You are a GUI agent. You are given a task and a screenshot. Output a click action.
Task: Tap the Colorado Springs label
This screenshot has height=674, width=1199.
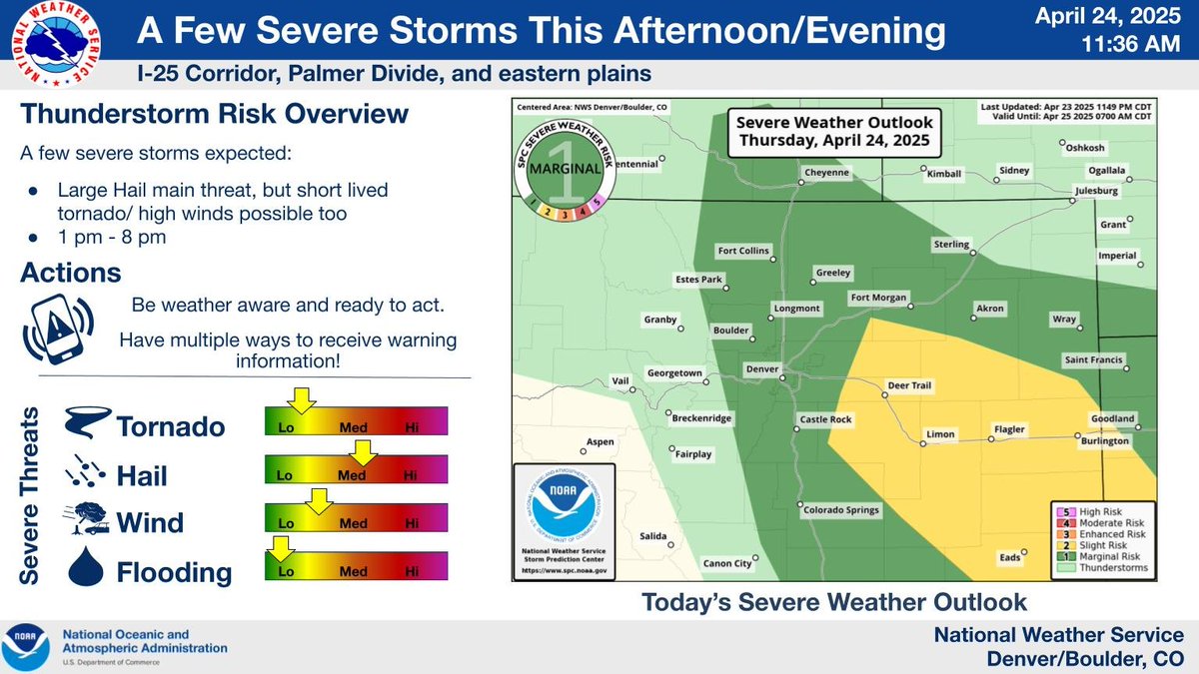[x=840, y=509]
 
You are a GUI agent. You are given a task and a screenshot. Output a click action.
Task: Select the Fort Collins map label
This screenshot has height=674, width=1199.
[x=744, y=251]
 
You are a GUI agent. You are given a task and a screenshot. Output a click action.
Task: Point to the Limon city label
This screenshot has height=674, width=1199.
[x=941, y=434]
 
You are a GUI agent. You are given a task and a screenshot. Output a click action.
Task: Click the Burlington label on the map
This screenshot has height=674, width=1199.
[x=1104, y=440]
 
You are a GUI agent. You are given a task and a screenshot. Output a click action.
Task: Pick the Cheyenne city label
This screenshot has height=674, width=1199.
[x=826, y=173]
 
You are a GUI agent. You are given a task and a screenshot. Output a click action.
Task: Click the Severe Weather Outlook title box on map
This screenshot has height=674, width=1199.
[x=832, y=131]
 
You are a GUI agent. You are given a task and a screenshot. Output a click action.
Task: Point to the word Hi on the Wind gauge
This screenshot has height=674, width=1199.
[x=411, y=523]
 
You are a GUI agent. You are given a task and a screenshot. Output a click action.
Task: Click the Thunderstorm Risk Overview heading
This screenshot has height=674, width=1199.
[x=214, y=114]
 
